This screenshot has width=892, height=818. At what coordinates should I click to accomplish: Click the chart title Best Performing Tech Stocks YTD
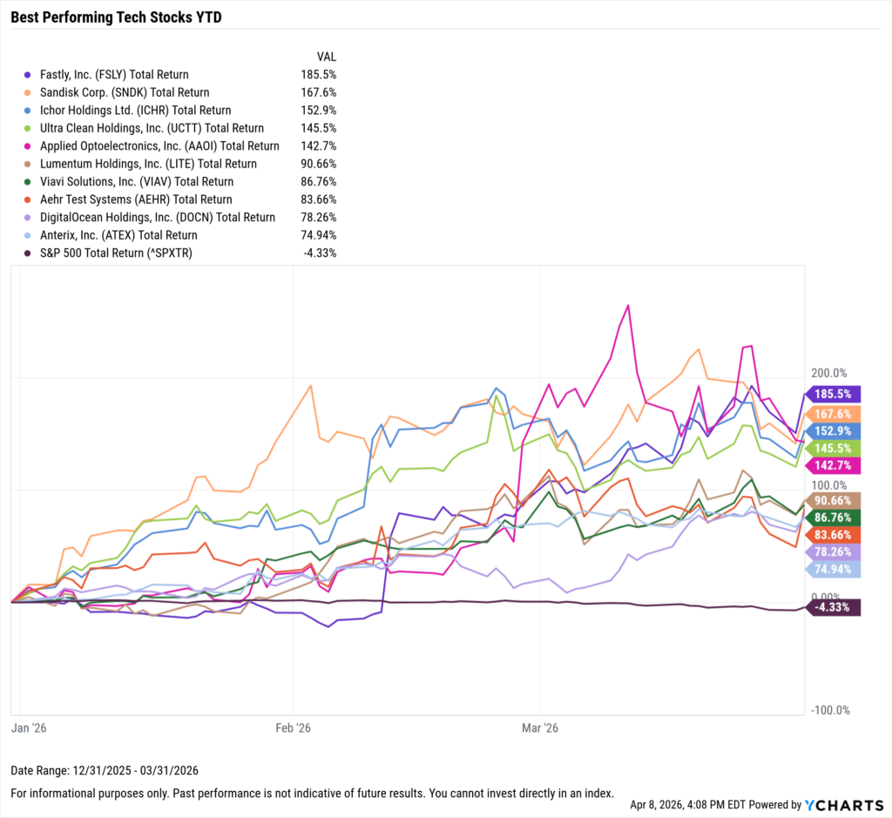tap(116, 17)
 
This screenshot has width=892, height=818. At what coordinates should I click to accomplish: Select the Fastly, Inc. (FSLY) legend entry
tap(114, 75)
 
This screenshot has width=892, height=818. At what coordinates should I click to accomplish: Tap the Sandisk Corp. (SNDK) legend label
tap(125, 92)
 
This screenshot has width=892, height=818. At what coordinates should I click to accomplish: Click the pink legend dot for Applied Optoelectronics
tap(30, 146)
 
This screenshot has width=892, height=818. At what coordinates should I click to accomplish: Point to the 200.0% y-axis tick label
tap(829, 372)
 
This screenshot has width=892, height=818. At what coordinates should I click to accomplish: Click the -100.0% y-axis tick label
tap(829, 711)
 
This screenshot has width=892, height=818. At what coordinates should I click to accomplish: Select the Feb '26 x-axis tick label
tap(293, 727)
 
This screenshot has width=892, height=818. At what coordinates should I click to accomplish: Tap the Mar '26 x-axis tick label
tap(540, 727)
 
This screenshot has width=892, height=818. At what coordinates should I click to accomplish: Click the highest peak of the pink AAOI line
tap(628, 306)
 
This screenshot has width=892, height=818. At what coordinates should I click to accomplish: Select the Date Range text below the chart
tap(105, 771)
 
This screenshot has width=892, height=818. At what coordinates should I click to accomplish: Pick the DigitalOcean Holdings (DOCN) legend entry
tap(158, 218)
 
